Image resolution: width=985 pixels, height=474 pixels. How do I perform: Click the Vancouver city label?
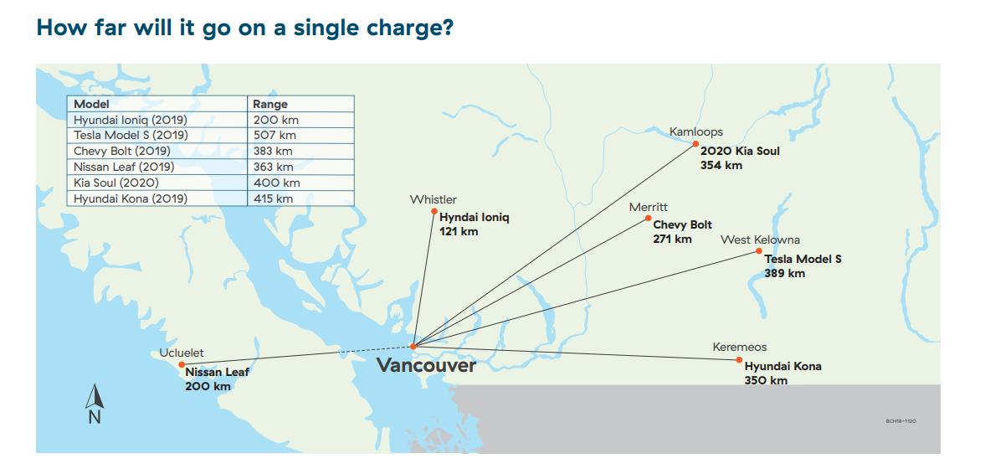click(x=426, y=365)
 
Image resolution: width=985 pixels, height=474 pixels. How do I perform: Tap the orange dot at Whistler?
click(x=434, y=211)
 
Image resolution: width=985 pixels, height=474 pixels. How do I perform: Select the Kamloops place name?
click(x=695, y=131)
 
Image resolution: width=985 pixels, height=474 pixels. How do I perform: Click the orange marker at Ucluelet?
click(x=182, y=364)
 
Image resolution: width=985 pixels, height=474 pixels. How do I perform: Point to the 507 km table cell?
click(x=274, y=136)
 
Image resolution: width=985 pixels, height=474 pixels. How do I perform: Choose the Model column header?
click(x=92, y=104)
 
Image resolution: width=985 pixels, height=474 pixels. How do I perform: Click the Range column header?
click(x=270, y=104)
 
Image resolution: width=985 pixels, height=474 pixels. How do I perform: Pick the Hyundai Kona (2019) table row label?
click(x=130, y=198)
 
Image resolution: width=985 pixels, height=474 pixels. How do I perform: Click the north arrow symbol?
click(x=95, y=404)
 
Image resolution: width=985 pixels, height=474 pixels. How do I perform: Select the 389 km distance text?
click(x=784, y=273)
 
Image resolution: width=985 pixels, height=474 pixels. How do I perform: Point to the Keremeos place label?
click(x=739, y=347)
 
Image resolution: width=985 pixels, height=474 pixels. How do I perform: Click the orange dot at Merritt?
click(x=648, y=219)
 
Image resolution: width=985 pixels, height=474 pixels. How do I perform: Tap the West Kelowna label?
click(x=760, y=240)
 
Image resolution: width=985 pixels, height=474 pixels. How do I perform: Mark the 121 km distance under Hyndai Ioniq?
click(x=459, y=231)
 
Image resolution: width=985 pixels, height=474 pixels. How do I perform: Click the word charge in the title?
click(x=396, y=27)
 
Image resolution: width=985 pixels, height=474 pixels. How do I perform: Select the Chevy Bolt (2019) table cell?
click(x=121, y=152)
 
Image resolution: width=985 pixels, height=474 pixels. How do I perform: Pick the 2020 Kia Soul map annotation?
click(x=740, y=152)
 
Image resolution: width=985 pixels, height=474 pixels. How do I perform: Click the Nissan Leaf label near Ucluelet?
click(x=217, y=372)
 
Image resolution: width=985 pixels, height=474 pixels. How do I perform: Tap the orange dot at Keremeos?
click(x=739, y=360)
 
